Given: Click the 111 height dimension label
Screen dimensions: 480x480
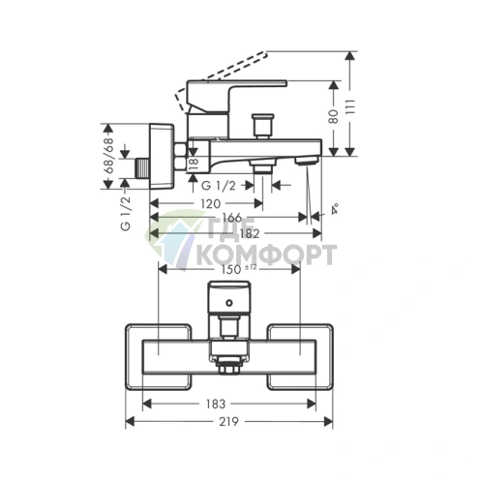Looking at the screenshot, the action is (x=350, y=106).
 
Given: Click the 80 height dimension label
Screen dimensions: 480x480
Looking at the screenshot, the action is (x=334, y=116).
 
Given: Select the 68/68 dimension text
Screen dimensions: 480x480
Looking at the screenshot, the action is (x=109, y=156).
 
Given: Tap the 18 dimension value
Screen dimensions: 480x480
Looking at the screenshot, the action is (x=195, y=164).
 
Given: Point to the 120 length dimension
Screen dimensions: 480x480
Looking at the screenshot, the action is (x=210, y=204).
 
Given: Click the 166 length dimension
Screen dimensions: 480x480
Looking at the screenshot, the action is (x=231, y=218).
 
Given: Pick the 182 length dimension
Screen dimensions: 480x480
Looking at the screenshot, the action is (x=250, y=233).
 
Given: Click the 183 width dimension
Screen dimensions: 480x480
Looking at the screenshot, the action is (x=215, y=404).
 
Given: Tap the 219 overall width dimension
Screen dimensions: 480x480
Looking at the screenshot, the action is (x=228, y=421).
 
